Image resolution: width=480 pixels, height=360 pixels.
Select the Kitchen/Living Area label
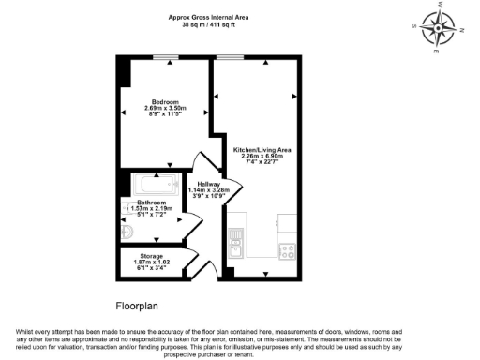coord(263,150)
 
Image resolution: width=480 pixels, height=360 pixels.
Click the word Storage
coord(152,256)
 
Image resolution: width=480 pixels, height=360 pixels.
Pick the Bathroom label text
coord(152,202)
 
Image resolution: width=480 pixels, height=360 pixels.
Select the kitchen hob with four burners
coord(287,250)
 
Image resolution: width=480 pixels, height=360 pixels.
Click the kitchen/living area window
coord(229,57)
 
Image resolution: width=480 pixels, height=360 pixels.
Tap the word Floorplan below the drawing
coord(139,307)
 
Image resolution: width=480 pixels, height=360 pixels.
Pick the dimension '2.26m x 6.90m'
coord(263,157)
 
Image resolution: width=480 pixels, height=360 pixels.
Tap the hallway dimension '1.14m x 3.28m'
coord(209,191)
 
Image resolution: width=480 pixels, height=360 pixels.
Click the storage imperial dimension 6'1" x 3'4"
coord(152,269)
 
